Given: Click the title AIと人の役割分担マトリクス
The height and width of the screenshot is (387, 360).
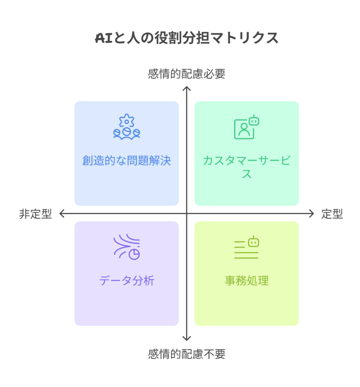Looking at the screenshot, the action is (187, 38).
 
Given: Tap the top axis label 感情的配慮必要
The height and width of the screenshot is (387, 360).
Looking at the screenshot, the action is (187, 74).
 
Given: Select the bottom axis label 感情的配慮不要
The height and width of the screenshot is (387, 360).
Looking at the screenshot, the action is (187, 354).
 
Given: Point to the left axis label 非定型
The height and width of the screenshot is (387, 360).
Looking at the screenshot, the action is (36, 214).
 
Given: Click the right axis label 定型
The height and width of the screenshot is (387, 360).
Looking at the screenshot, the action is (332, 214).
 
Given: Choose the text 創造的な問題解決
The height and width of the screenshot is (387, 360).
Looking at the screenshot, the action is (127, 160).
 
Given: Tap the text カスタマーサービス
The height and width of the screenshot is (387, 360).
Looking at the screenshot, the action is (247, 167).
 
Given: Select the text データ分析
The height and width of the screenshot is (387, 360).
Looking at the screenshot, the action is (127, 281).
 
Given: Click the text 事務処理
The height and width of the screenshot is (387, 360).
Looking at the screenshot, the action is (247, 281).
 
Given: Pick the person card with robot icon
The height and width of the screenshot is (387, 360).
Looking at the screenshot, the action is (247, 127).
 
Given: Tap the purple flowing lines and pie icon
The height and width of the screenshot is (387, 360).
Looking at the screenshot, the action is (127, 247).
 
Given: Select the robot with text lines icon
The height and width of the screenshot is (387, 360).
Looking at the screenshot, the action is (247, 247).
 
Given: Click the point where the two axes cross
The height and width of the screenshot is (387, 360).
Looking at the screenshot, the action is (187, 214).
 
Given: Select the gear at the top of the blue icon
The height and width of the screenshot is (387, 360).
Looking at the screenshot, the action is (127, 121).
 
